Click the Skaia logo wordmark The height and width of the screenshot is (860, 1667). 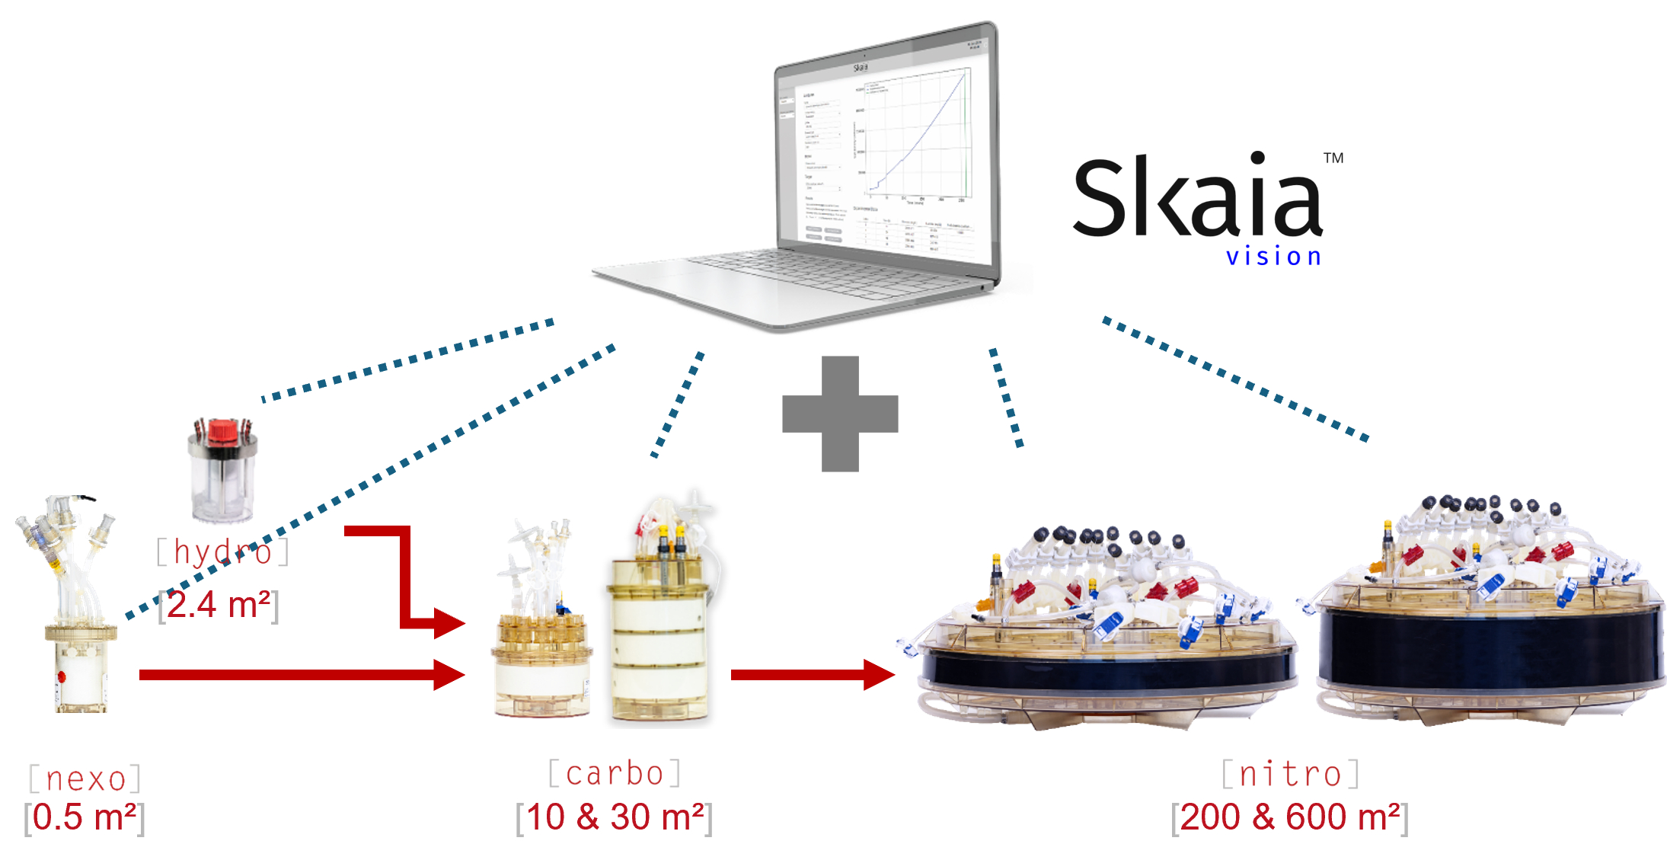coord(1197,198)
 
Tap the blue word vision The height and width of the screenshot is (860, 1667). coord(1273,257)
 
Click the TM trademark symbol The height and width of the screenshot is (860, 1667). coord(1333,158)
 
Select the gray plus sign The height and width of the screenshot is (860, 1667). coord(840,414)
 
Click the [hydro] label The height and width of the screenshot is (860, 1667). coord(222,551)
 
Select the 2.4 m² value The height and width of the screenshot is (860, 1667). coord(219,606)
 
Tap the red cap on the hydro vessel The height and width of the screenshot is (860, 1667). coord(223,430)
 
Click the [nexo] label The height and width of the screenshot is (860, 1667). coord(85,778)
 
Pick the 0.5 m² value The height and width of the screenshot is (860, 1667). coord(85,817)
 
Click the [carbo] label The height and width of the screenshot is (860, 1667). coord(615,773)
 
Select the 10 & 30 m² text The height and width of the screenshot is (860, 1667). coord(614,817)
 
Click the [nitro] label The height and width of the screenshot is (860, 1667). coord(1290,774)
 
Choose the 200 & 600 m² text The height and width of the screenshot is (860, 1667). coord(1289,817)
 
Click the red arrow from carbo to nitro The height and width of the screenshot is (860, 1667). coord(811,675)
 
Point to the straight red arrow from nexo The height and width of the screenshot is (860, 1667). coord(301,675)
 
